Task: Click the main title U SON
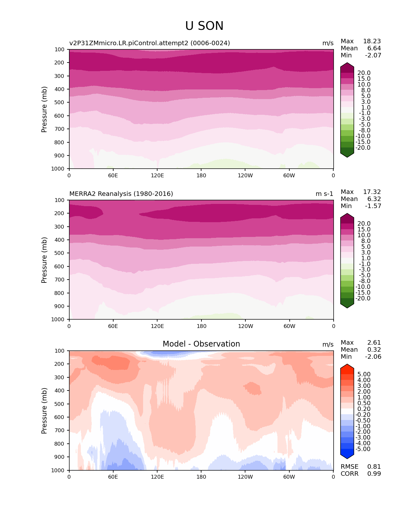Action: [204, 26]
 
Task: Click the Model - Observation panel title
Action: [201, 344]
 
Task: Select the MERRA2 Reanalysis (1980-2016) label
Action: [121, 194]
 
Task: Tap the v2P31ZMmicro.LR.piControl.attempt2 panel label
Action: [149, 43]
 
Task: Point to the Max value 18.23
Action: [372, 41]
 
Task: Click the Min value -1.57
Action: [373, 206]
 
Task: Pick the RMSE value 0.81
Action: [374, 466]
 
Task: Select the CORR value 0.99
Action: [374, 474]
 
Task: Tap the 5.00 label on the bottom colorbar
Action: [364, 374]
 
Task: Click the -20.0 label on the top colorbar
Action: [363, 148]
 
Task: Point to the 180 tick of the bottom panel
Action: [201, 477]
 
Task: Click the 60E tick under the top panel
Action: [113, 175]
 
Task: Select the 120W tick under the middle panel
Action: [245, 326]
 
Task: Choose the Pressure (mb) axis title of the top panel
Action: [44, 109]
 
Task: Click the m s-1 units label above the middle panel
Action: [324, 194]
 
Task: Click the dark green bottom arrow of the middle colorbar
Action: [347, 306]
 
